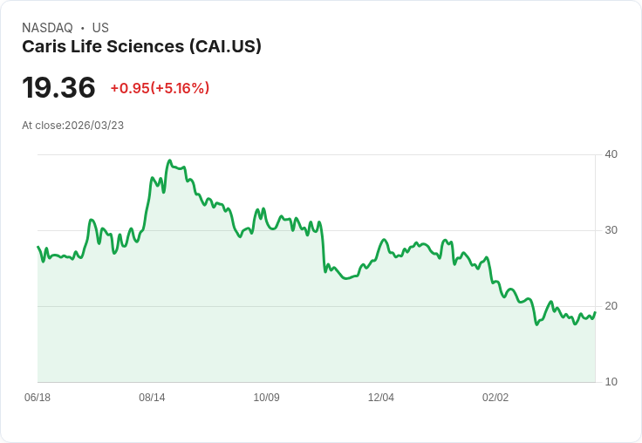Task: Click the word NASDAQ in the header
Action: [47, 28]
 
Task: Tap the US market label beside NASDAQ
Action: [100, 28]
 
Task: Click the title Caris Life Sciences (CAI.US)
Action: [141, 47]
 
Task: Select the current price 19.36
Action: [58, 88]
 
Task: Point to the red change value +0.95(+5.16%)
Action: [160, 88]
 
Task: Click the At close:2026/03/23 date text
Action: [72, 126]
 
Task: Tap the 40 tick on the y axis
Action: [611, 154]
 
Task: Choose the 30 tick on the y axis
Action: [611, 230]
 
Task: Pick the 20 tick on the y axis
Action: [611, 306]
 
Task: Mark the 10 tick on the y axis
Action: [611, 382]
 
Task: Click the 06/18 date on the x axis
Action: [38, 398]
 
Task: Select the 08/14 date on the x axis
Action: [152, 398]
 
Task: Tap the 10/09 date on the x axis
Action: [266, 398]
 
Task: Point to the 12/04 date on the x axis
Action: [381, 398]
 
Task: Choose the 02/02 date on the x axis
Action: [495, 398]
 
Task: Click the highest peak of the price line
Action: [169, 161]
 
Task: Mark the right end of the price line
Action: [595, 312]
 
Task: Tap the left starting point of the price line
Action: [38, 248]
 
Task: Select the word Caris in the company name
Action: [42, 47]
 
